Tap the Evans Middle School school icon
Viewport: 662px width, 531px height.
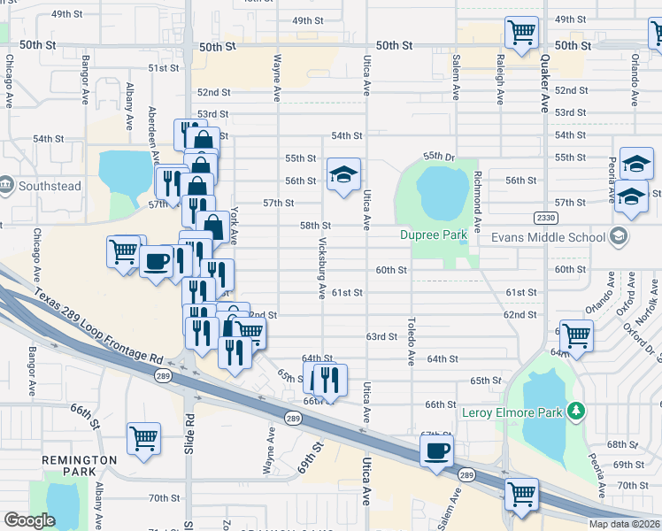pyautogui.click(x=618, y=236)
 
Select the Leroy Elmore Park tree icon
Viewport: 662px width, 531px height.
pyautogui.click(x=577, y=410)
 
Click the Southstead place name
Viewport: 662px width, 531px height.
pyautogui.click(x=50, y=186)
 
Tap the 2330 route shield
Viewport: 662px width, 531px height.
pyautogui.click(x=546, y=218)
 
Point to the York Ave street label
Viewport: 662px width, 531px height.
pyautogui.click(x=235, y=226)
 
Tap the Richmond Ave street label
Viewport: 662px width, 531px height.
pyautogui.click(x=477, y=202)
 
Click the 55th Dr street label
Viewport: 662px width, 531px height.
pyautogui.click(x=438, y=156)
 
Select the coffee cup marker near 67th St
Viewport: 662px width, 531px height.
pyautogui.click(x=434, y=450)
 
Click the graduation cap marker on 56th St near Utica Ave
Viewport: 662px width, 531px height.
pyautogui.click(x=343, y=173)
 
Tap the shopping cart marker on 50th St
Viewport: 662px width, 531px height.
pyautogui.click(x=521, y=33)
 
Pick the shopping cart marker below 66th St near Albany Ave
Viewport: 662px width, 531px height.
pyautogui.click(x=143, y=437)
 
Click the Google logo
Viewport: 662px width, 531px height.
pyautogui.click(x=29, y=520)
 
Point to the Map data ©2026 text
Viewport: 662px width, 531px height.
pyautogui.click(x=624, y=524)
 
